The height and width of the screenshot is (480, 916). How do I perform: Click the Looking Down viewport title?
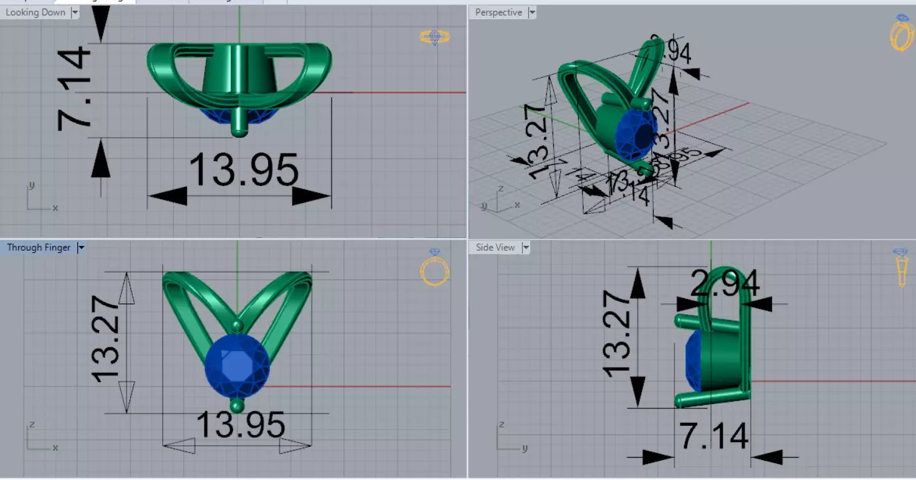point(36,12)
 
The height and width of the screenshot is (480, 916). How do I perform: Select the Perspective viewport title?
point(499,12)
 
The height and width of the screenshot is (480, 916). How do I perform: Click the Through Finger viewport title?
point(39,248)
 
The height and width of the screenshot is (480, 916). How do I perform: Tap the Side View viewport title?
point(495,248)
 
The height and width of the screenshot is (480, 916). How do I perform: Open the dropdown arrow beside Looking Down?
point(75,12)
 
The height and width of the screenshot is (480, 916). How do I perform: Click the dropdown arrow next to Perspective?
point(532,12)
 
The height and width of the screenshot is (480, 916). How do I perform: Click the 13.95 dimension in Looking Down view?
point(244,169)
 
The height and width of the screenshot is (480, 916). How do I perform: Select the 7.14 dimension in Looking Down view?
point(75,90)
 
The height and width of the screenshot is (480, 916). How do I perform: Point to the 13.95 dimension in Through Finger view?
point(241,425)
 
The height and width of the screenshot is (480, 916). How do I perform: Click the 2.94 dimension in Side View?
point(725,285)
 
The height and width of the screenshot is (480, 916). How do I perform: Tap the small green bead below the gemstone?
point(237,406)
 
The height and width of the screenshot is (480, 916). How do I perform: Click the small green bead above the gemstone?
point(237,326)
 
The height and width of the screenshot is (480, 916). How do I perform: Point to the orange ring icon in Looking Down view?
point(434,37)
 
